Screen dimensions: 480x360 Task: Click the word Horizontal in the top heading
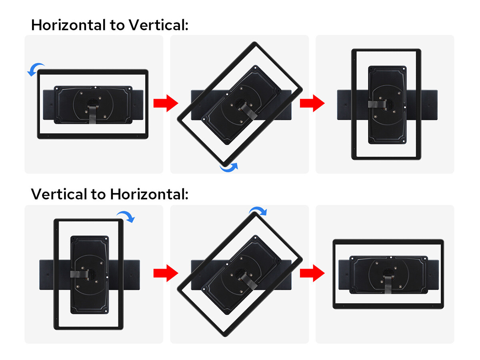click(69, 25)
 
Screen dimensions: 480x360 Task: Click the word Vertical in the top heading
click(158, 25)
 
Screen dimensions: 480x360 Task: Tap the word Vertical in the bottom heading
click(59, 194)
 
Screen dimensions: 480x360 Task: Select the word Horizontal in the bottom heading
click(149, 194)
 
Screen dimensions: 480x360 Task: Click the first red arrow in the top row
click(166, 103)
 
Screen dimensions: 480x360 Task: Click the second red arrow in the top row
click(312, 103)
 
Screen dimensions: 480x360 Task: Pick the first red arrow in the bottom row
click(166, 273)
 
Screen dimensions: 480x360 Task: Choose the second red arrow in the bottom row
click(312, 273)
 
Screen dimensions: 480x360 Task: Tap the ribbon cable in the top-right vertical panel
click(377, 104)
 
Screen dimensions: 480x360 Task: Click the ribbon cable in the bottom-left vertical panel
click(79, 274)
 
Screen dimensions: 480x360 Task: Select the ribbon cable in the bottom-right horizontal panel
click(388, 284)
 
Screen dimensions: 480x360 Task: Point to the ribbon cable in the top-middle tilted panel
click(250, 112)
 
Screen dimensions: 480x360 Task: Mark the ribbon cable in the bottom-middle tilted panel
click(250, 282)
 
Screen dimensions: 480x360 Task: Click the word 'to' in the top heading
click(117, 25)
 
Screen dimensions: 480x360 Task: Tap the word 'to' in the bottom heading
click(99, 194)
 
